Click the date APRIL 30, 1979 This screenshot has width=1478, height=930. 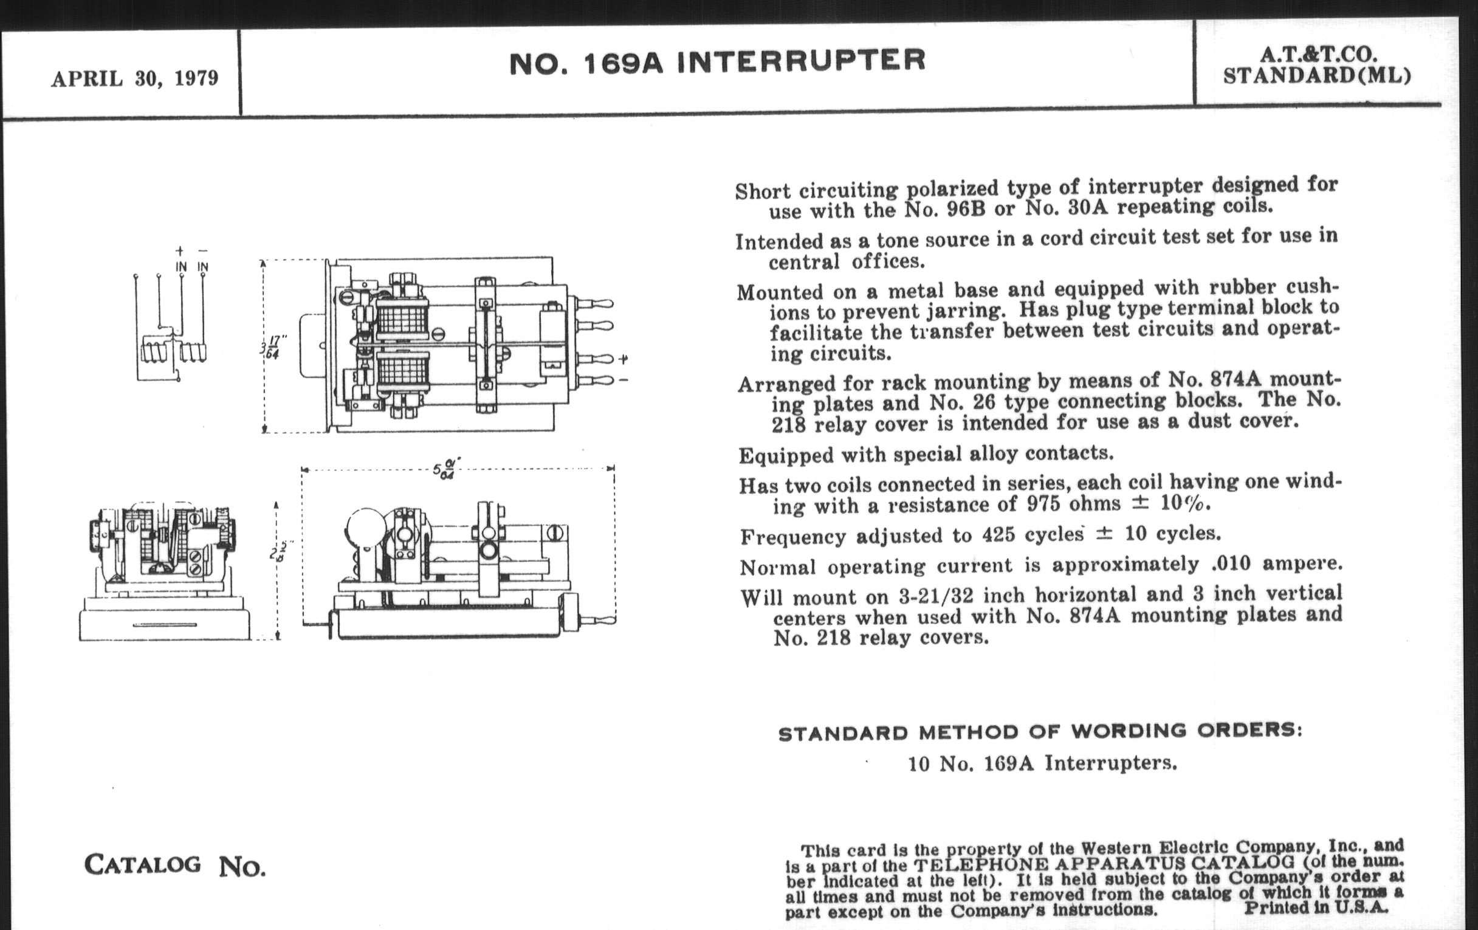click(x=134, y=78)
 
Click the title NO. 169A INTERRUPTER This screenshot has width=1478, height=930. click(x=717, y=61)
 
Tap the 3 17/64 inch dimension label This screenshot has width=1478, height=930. click(x=270, y=348)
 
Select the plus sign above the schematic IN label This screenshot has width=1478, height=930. click(x=180, y=250)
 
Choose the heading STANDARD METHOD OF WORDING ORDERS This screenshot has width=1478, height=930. click(x=1040, y=732)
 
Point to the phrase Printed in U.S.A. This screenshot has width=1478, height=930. click(x=1315, y=908)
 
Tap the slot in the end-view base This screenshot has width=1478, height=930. click(x=165, y=625)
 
